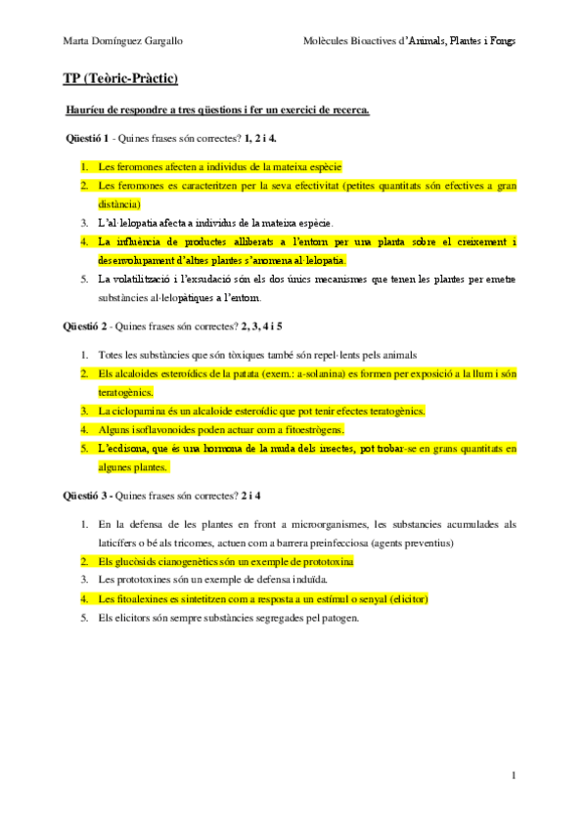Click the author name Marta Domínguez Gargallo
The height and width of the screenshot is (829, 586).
(x=121, y=41)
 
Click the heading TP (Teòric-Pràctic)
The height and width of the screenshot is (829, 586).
(x=120, y=78)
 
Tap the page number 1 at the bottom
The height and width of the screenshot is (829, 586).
(x=513, y=775)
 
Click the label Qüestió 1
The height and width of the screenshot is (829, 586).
(x=88, y=138)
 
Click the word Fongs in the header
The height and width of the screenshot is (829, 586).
(x=501, y=41)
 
